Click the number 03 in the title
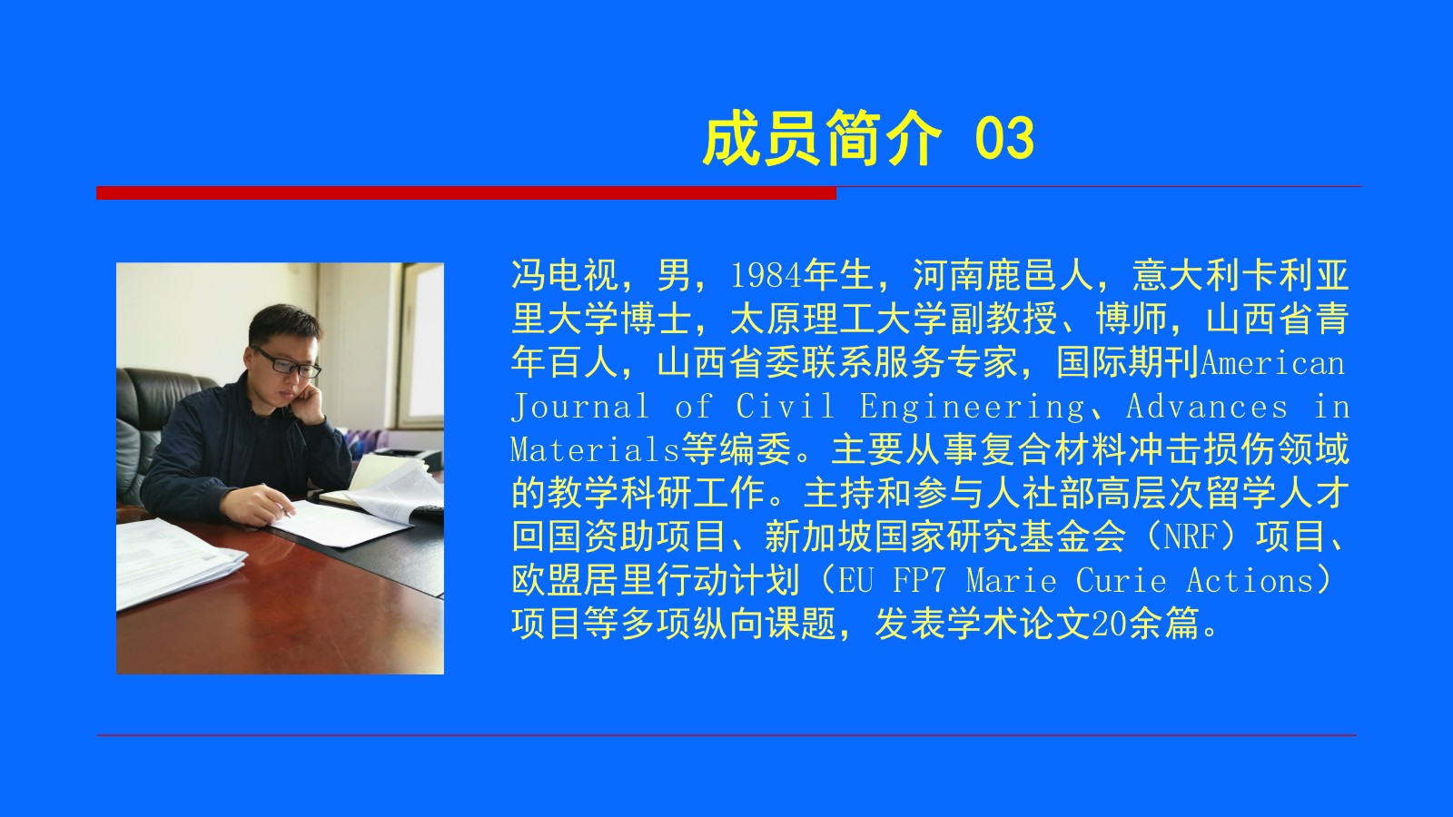tap(1004, 138)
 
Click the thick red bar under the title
tap(467, 192)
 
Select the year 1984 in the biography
tap(766, 275)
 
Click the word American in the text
tap(1272, 363)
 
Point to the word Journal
tap(580, 408)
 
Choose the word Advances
tap(1207, 407)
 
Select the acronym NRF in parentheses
tap(1191, 536)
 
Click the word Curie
tap(1122, 580)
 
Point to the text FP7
tap(920, 580)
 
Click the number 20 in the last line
tap(1110, 624)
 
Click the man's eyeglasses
tap(287, 362)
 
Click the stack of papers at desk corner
tap(175, 561)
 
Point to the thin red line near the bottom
tap(726, 735)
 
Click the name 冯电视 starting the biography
tap(565, 275)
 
